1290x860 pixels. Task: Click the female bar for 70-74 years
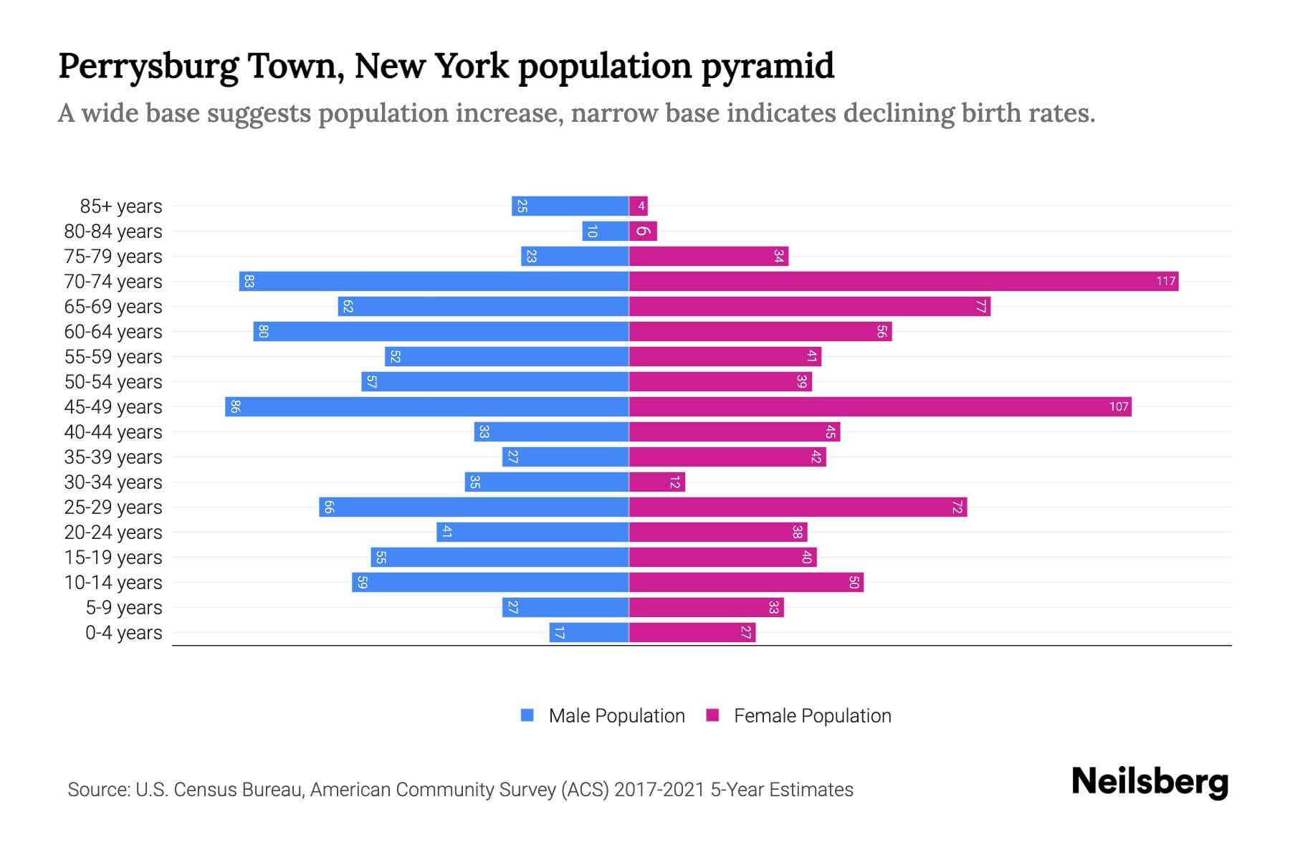click(903, 281)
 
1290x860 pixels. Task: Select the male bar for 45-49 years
click(427, 406)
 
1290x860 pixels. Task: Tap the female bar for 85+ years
click(638, 206)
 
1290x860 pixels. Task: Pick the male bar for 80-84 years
click(606, 231)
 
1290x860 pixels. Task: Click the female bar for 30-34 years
click(656, 482)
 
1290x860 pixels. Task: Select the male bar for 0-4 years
click(589, 632)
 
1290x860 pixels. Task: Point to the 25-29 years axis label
click(113, 507)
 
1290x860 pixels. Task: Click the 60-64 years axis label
click(113, 332)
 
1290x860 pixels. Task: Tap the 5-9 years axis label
click(123, 608)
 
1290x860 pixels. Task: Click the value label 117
click(1165, 281)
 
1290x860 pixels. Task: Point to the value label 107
click(1118, 406)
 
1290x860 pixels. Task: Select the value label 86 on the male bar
click(235, 406)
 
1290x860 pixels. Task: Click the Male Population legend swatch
click(527, 715)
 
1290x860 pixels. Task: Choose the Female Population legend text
click(812, 715)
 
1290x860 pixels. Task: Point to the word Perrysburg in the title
click(148, 66)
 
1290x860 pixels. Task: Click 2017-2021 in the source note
click(659, 790)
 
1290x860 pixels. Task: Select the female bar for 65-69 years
click(810, 306)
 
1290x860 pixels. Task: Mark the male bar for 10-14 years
click(490, 582)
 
